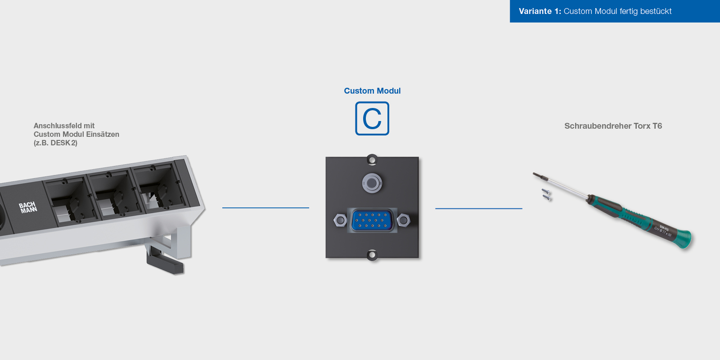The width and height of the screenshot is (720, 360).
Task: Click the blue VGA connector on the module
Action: pyautogui.click(x=372, y=220)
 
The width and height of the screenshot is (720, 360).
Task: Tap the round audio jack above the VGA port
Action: pyautogui.click(x=372, y=183)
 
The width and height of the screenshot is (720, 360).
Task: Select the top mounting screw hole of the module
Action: pyautogui.click(x=372, y=160)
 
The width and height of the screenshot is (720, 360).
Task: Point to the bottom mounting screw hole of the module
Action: pyautogui.click(x=372, y=255)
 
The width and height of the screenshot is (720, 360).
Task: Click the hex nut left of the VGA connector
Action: pyautogui.click(x=340, y=220)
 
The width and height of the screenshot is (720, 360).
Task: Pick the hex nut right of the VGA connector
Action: pyautogui.click(x=404, y=220)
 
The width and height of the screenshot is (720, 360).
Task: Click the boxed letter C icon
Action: pyautogui.click(x=372, y=118)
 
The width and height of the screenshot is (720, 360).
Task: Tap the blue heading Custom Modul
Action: pyautogui.click(x=372, y=91)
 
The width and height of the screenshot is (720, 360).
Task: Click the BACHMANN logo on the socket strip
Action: pyautogui.click(x=28, y=207)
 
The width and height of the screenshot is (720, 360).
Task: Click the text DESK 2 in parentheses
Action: pyautogui.click(x=63, y=143)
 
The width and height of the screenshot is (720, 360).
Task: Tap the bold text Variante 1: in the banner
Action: pyautogui.click(x=540, y=11)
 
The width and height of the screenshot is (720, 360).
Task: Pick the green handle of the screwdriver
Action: pyautogui.click(x=639, y=220)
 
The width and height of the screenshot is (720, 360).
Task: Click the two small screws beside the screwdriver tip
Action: pyautogui.click(x=546, y=194)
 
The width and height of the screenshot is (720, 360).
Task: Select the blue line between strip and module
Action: pyautogui.click(x=265, y=208)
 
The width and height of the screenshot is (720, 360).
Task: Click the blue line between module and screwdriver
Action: pyautogui.click(x=478, y=208)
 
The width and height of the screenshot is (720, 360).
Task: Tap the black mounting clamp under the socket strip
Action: pyautogui.click(x=165, y=263)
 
